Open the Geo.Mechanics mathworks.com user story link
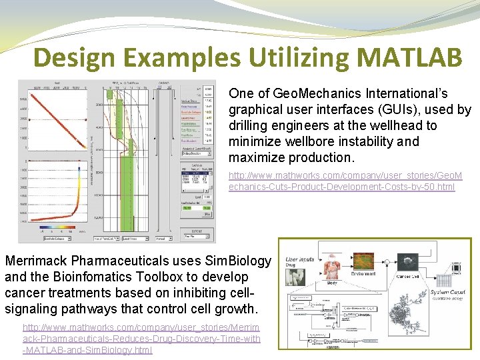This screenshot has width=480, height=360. (341, 181)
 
